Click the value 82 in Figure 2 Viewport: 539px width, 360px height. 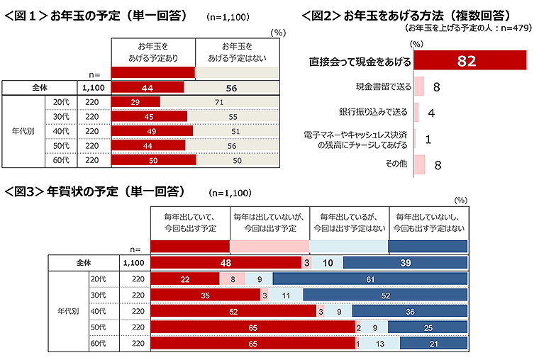[x=466, y=62]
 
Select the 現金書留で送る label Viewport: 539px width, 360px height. [x=383, y=87]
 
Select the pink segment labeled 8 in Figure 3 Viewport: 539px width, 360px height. [x=233, y=279]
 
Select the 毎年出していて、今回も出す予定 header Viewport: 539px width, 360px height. [x=190, y=222]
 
